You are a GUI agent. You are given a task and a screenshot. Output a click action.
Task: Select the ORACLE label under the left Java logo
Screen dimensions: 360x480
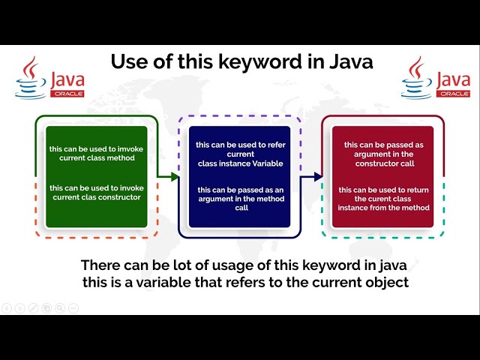(x=67, y=94)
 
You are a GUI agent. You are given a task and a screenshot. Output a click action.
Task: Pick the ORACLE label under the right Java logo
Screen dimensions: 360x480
(x=454, y=94)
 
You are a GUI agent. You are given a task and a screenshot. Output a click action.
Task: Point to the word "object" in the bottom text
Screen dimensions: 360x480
(x=383, y=282)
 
